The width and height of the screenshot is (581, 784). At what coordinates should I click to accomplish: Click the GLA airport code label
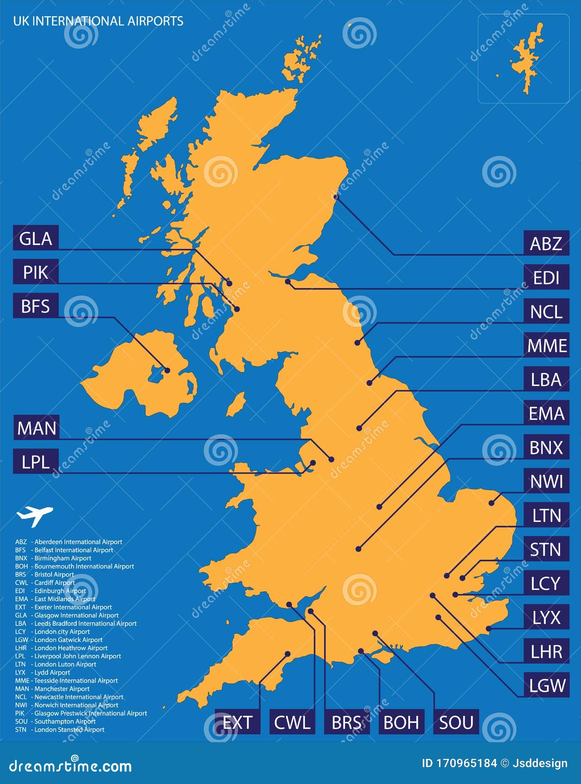pyautogui.click(x=36, y=239)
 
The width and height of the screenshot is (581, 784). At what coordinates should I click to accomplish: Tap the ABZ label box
pyautogui.click(x=546, y=244)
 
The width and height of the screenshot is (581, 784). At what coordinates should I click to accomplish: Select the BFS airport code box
pyautogui.click(x=36, y=306)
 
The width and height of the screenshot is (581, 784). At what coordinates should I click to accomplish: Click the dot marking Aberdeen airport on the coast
pyautogui.click(x=336, y=197)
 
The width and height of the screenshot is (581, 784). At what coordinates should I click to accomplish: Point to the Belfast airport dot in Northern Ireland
pyautogui.click(x=167, y=370)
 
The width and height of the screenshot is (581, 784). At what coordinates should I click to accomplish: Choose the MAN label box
pyautogui.click(x=36, y=428)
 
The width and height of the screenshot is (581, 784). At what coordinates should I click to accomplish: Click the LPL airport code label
pyautogui.click(x=36, y=462)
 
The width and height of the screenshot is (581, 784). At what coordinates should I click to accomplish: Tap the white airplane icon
pyautogui.click(x=34, y=515)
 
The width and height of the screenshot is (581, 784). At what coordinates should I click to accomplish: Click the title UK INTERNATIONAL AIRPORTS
pyautogui.click(x=98, y=21)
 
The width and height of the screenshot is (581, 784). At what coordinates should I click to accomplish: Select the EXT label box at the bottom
pyautogui.click(x=237, y=722)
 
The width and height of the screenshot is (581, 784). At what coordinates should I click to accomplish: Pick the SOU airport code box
pyautogui.click(x=456, y=722)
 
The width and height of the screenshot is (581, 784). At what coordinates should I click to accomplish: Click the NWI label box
pyautogui.click(x=546, y=482)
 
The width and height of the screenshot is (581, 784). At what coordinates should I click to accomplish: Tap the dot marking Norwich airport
pyautogui.click(x=491, y=503)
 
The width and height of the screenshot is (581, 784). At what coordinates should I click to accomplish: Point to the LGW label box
pyautogui.click(x=547, y=685)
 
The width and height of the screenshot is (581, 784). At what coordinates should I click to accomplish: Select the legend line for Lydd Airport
pyautogui.click(x=43, y=672)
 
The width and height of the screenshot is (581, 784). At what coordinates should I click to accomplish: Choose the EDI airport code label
pyautogui.click(x=546, y=277)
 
